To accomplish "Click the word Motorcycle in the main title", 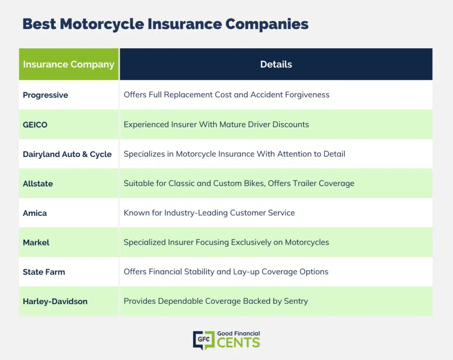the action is click(102, 24).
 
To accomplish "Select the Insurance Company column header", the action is click(69, 64).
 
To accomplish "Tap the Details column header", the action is click(276, 64).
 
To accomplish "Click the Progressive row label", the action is click(46, 95).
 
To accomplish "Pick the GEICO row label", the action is click(35, 125).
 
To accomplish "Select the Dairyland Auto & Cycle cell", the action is click(67, 154).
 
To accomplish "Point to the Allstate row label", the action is click(38, 184).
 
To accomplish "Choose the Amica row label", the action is click(35, 213).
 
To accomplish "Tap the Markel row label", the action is click(36, 243).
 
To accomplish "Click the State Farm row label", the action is click(44, 272).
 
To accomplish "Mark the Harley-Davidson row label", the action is click(55, 302).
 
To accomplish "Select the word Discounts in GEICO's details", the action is click(291, 125).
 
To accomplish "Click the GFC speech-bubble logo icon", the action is click(204, 340).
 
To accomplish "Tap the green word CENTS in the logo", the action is click(238, 343).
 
